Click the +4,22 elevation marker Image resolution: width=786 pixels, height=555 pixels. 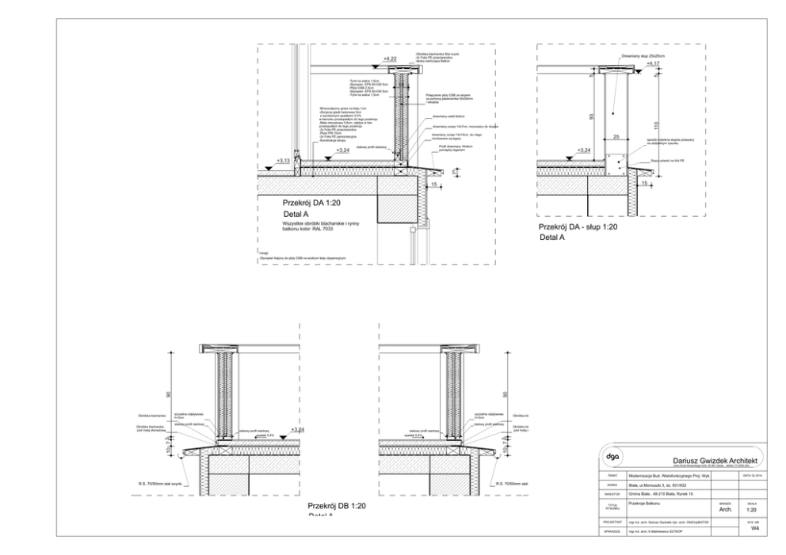390,59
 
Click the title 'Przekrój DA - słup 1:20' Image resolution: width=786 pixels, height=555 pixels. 578,227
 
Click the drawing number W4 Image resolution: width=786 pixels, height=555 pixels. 753,530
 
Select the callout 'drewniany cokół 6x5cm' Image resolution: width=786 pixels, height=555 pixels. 450,116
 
